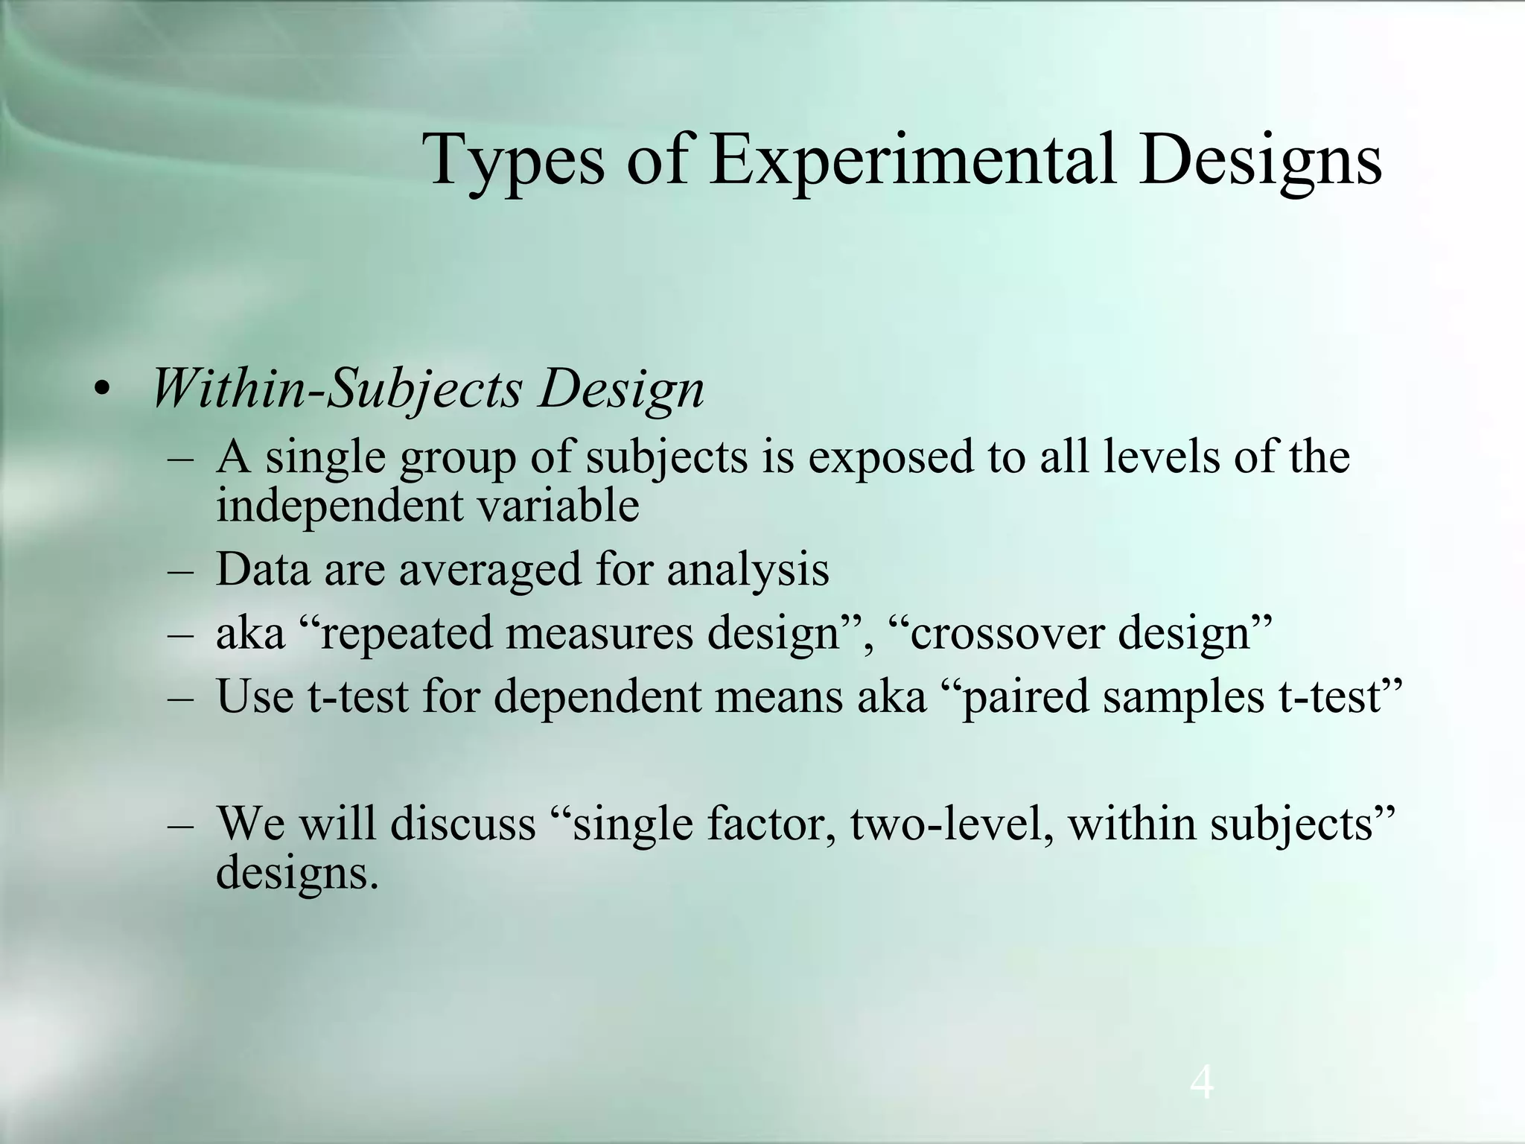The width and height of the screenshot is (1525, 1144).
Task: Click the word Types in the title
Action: (x=513, y=161)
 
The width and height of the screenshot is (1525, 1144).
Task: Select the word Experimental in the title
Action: (x=912, y=159)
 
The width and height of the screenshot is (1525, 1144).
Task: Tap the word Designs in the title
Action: (x=1259, y=161)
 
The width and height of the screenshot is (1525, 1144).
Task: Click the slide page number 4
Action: (x=1202, y=1084)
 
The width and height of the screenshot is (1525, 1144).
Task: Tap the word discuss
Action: (x=462, y=824)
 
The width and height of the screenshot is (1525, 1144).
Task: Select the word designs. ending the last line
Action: (x=297, y=873)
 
